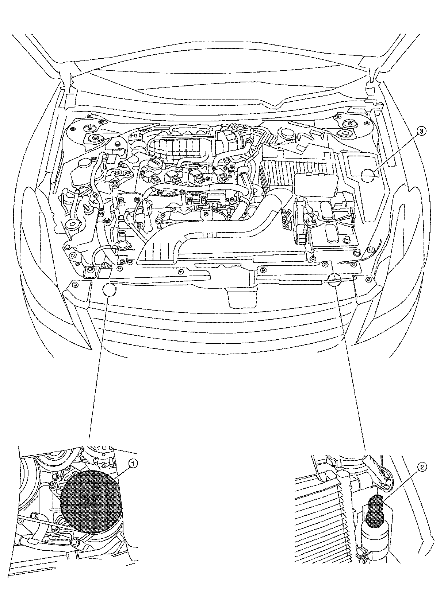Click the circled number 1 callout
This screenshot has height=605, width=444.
pos(134,463)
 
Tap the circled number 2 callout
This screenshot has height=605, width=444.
pos(422,467)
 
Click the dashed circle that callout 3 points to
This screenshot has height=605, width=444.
pos(367,176)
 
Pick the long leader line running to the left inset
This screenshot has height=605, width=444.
pos(98,364)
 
